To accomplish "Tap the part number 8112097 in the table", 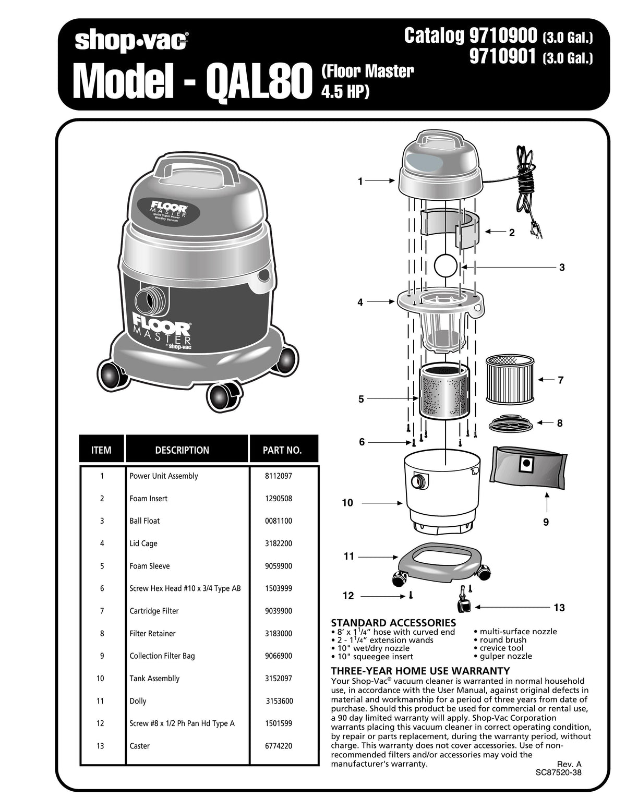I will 279,476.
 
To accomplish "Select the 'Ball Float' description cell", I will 145,521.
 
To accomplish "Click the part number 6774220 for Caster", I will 279,746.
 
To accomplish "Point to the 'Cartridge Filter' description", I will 154,611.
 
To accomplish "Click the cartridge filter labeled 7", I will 510,379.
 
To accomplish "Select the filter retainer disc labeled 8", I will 511,424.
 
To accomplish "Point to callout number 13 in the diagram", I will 559,608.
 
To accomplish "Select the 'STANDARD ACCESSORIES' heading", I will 393,623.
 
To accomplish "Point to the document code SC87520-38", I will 558,772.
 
